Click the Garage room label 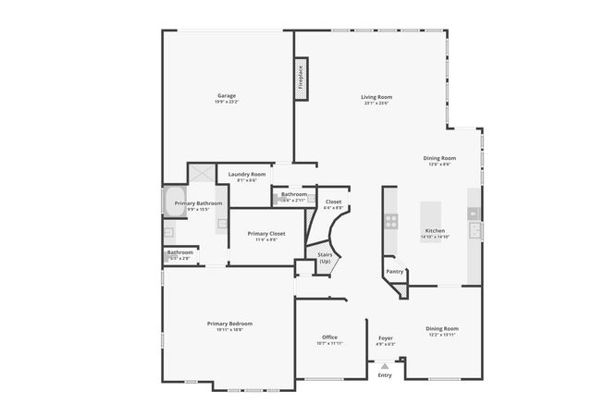pos(227,95)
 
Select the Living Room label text pos(376,97)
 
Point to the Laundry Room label pos(247,174)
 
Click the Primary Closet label pos(265,234)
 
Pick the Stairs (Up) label pos(325,257)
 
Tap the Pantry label pos(395,272)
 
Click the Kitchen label pos(435,230)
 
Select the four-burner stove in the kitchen pos(391,222)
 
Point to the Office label pos(330,337)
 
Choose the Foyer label pos(385,338)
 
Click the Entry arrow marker pos(385,367)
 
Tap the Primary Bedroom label pos(229,324)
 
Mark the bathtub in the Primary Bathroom pos(175,202)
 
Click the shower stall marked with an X pos(201,173)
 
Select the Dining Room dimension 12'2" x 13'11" pos(442,336)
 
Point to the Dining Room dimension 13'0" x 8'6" pos(440,165)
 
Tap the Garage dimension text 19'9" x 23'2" pos(227,102)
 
